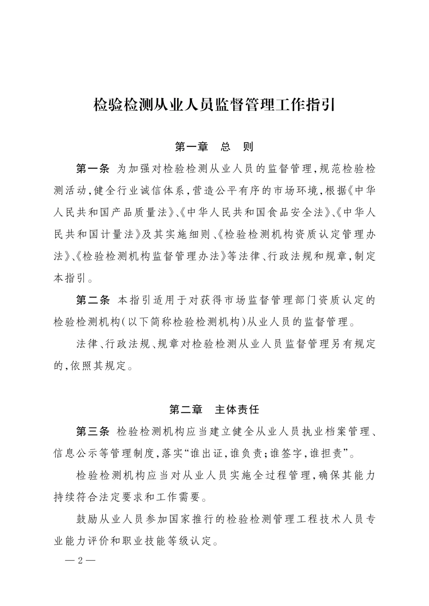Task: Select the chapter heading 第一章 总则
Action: pos(214,147)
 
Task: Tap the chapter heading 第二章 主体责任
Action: pos(214,410)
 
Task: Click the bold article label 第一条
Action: pos(93,169)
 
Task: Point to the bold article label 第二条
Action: pos(93,300)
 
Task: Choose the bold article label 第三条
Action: pos(93,431)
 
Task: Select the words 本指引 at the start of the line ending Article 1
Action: pos(70,278)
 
